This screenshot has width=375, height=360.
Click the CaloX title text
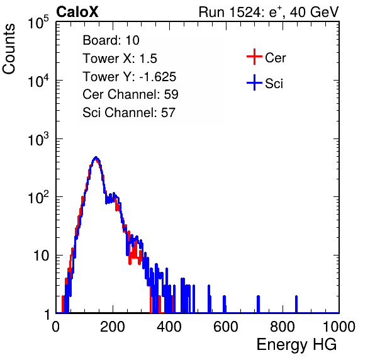[x=77, y=12]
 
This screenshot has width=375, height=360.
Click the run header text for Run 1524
[x=269, y=12]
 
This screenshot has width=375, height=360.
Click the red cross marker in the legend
[x=254, y=57]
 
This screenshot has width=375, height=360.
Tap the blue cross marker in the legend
[x=254, y=83]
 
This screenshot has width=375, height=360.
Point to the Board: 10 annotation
[x=111, y=40]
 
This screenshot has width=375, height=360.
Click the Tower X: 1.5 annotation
[x=120, y=59]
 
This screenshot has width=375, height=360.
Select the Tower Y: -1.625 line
[x=130, y=77]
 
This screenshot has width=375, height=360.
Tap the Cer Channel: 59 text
[x=130, y=94]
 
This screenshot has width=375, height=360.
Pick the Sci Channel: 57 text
[x=129, y=113]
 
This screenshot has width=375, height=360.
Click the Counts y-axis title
[x=9, y=49]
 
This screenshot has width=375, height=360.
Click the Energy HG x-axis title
[x=296, y=344]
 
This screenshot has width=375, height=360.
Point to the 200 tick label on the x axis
[x=112, y=327]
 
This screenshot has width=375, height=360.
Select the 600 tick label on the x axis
[x=225, y=327]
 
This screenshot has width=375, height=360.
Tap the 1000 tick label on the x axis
[x=339, y=327]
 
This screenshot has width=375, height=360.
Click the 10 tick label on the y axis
[x=42, y=256]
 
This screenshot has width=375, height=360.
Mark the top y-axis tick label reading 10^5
[x=38, y=22]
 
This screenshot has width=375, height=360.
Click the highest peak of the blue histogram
[x=96, y=157]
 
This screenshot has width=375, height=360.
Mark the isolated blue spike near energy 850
[x=296, y=304]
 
